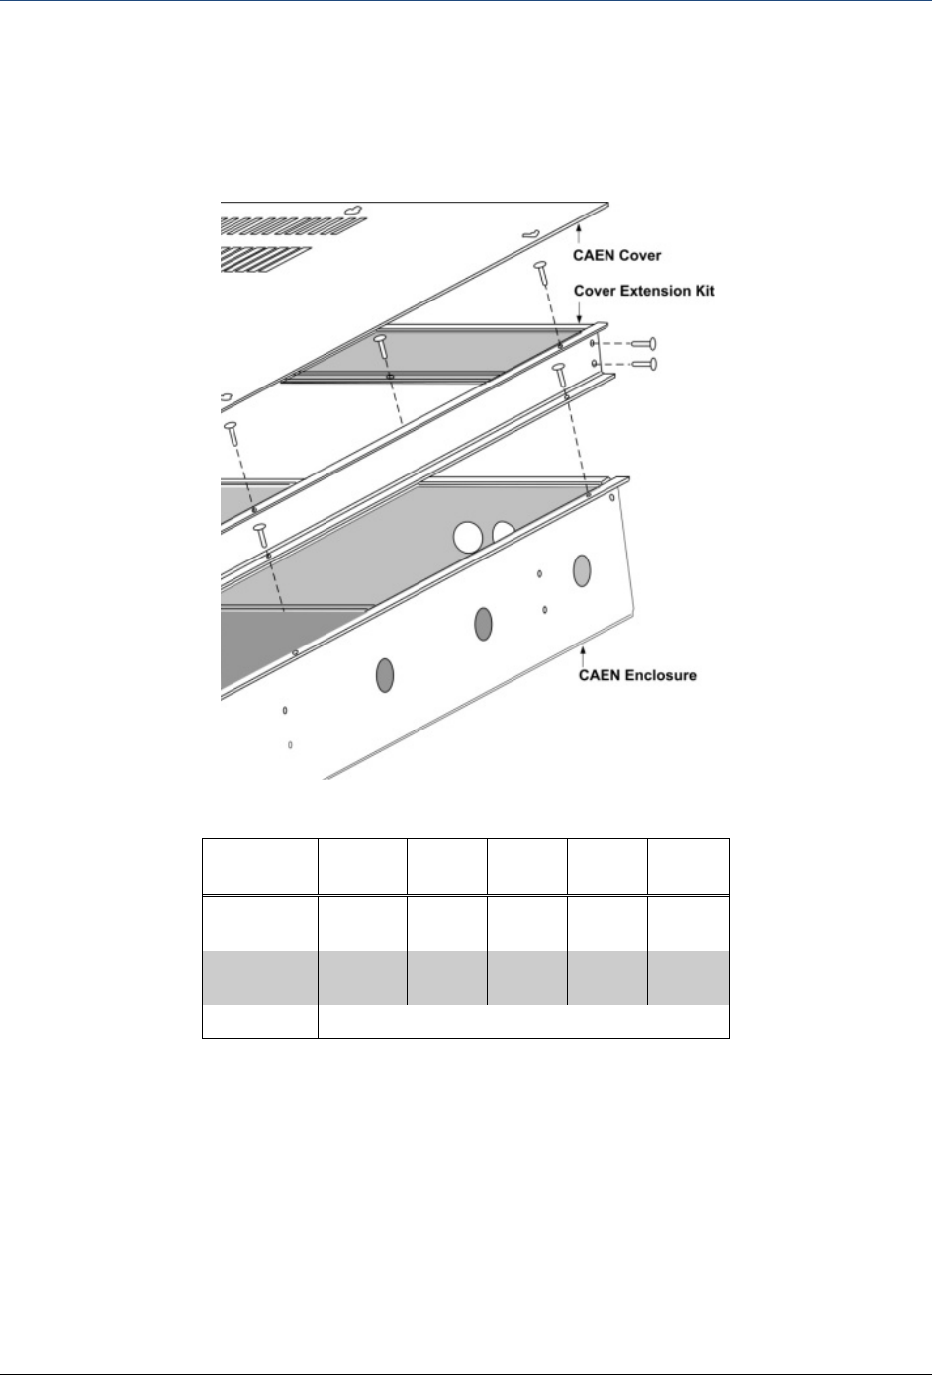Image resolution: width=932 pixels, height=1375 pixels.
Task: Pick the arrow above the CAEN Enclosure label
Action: pyautogui.click(x=584, y=651)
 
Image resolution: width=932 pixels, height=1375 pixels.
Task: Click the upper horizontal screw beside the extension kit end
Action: pyautogui.click(x=644, y=344)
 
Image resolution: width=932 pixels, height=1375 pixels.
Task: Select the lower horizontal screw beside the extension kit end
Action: pyautogui.click(x=644, y=364)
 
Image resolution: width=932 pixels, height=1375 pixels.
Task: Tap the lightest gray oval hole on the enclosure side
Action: pyautogui.click(x=582, y=569)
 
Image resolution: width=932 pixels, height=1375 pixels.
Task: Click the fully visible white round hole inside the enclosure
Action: pyautogui.click(x=468, y=538)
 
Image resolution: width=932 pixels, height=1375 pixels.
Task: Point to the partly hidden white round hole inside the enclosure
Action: pyautogui.click(x=505, y=534)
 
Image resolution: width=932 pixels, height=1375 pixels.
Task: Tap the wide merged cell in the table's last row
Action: pyautogui.click(x=523, y=1021)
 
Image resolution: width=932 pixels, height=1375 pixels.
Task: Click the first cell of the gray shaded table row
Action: pyautogui.click(x=260, y=978)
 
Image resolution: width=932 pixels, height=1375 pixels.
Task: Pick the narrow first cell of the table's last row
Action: pyautogui.click(x=260, y=1021)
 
